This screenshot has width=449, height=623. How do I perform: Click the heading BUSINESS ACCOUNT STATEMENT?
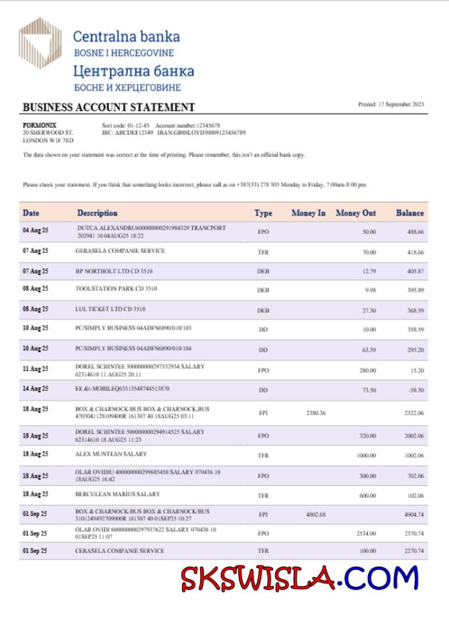coord(108,107)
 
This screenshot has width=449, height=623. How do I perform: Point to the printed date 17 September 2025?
coord(391,104)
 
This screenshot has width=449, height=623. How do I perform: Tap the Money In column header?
coord(308,213)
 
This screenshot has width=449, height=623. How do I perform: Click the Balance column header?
coord(410,213)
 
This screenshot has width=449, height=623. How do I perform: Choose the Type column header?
coord(263,213)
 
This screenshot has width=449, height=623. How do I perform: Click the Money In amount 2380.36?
coord(315,413)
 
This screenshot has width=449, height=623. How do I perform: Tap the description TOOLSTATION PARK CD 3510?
coord(116,289)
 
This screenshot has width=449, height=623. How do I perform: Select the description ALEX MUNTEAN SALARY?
coord(111,454)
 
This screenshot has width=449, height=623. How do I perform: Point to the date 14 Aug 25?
coord(35,388)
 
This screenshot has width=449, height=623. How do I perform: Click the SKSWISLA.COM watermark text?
coord(299,576)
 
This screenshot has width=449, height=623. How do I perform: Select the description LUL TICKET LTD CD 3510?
coord(111,309)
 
